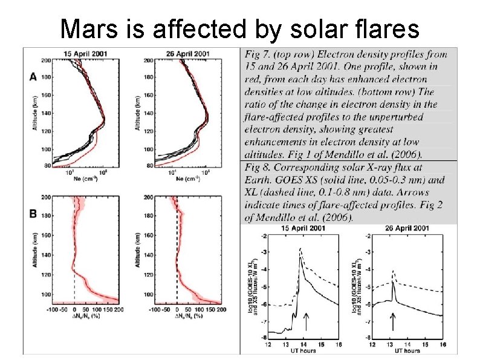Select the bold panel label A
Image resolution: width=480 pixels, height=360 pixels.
33,77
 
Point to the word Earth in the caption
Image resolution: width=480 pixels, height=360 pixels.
260,180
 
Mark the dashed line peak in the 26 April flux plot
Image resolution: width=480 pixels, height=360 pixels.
394,271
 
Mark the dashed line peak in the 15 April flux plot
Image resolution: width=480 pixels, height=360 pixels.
300,248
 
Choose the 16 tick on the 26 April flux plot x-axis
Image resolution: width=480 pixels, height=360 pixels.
443,344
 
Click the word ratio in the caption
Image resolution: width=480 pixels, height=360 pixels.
258,105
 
